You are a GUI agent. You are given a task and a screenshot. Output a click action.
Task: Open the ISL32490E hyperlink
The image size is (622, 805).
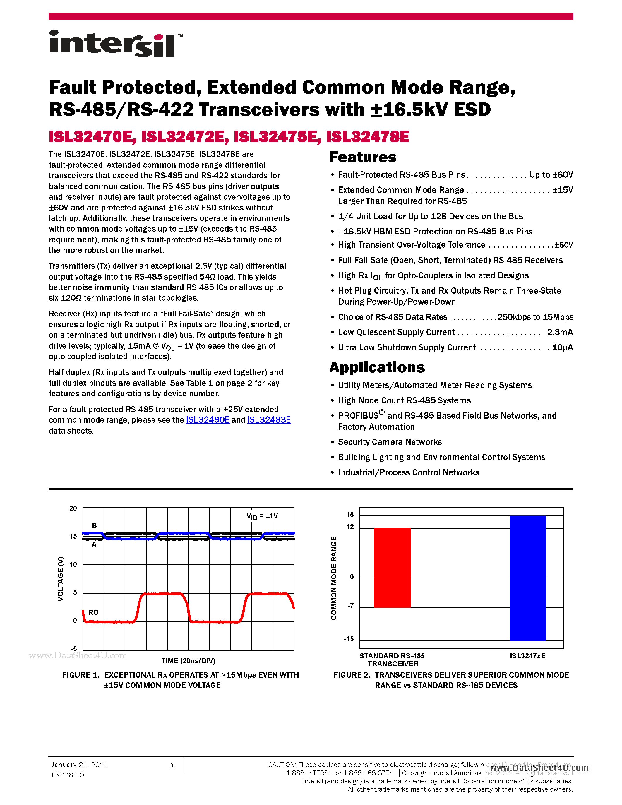(208, 420)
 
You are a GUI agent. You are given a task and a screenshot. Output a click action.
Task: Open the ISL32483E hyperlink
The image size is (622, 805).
(269, 420)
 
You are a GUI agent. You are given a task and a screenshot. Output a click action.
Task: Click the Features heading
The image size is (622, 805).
(363, 157)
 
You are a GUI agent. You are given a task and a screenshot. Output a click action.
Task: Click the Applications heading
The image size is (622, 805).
(377, 367)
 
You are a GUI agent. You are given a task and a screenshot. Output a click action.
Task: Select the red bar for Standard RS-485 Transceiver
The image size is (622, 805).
(392, 568)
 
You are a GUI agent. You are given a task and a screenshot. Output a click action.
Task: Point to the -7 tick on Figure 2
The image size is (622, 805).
(350, 606)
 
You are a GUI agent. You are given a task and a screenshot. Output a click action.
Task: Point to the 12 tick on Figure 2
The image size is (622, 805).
(350, 527)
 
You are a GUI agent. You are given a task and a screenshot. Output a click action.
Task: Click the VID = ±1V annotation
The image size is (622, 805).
(262, 516)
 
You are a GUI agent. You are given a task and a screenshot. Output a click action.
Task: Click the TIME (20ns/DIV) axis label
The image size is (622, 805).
(188, 661)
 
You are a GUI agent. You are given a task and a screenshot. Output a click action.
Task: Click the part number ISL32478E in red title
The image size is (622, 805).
(367, 137)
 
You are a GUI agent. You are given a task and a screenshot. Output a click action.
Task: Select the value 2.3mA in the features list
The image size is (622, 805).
(559, 333)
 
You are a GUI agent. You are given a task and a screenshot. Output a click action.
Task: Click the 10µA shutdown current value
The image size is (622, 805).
(562, 347)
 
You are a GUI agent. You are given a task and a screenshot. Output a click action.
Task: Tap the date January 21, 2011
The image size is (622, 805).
(80, 765)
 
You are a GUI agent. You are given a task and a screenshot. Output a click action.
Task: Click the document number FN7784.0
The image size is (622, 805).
(68, 775)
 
